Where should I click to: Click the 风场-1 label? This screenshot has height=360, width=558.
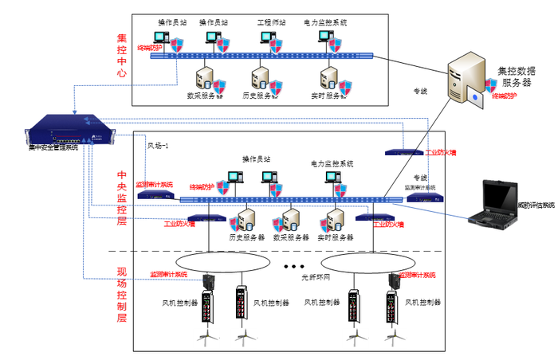click(158, 146)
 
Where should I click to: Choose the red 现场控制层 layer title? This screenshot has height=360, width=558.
click(122, 295)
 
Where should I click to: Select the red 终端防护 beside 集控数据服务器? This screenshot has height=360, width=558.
click(503, 96)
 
